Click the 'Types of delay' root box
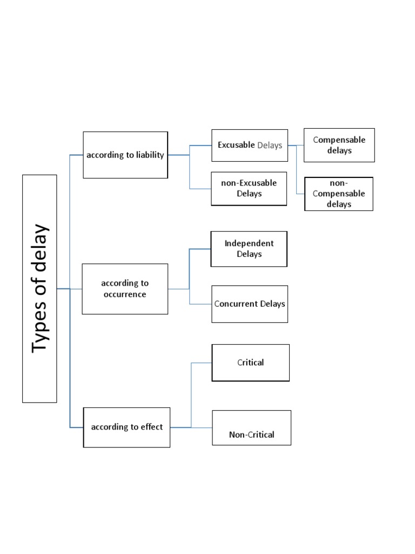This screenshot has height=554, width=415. [39, 288]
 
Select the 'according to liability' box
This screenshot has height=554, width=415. [125, 155]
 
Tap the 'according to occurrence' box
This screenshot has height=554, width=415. [125, 289]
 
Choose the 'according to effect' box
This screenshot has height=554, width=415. [126, 427]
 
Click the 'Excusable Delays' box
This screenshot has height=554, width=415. [250, 146]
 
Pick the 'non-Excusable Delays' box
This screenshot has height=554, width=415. [249, 188]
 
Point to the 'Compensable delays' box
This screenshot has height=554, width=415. [339, 145]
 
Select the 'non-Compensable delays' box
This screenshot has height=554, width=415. [339, 194]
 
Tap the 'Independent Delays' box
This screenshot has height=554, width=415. [249, 249]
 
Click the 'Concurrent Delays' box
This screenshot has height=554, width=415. [250, 304]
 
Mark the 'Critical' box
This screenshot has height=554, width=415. [251, 362]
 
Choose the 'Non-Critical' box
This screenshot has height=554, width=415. [251, 428]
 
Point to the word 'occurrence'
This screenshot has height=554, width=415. [125, 295]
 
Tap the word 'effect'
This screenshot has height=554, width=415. [152, 427]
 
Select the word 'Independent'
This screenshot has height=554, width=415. [249, 243]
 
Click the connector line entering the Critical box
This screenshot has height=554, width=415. [202, 362]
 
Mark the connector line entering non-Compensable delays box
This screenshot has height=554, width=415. [300, 194]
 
